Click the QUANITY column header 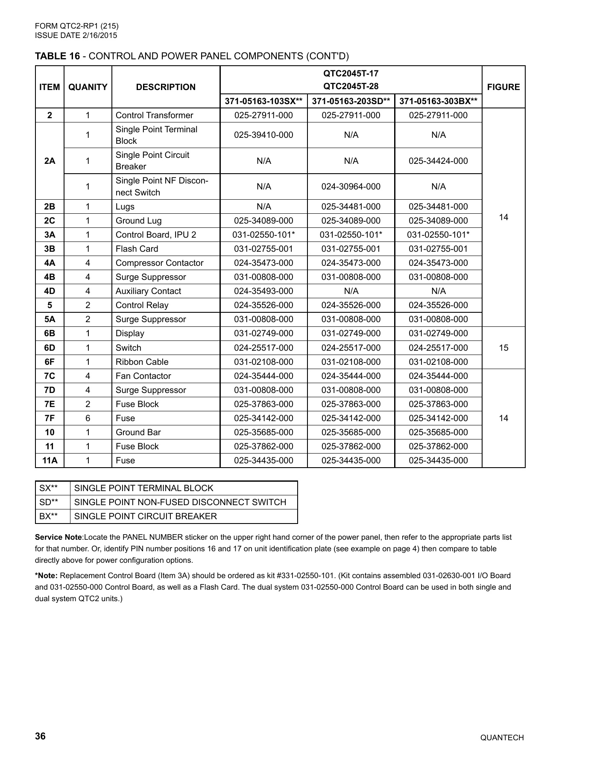click(x=88, y=87)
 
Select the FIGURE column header click(x=503, y=87)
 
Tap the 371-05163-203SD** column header click(x=351, y=101)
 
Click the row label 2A click(x=50, y=161)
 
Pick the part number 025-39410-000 click(x=263, y=135)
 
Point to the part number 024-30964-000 click(x=351, y=186)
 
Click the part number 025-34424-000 click(x=438, y=161)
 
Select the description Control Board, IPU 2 click(x=155, y=235)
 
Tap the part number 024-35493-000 click(x=263, y=291)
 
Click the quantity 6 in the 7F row click(x=88, y=418)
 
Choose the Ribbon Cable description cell click(x=142, y=362)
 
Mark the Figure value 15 click(x=503, y=348)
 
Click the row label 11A click(x=50, y=460)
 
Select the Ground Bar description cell click(x=138, y=432)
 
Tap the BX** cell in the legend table click(x=48, y=516)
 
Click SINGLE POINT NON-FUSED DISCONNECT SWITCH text click(x=180, y=502)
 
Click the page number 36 click(x=40, y=736)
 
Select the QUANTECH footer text click(x=502, y=738)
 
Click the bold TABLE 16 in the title click(x=57, y=56)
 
